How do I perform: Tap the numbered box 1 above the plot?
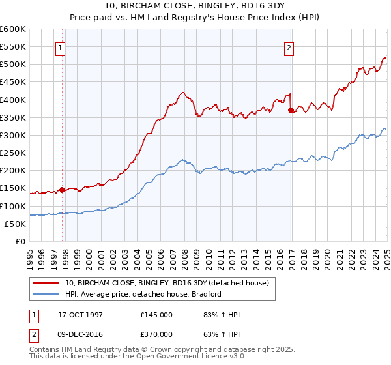tap(60, 47)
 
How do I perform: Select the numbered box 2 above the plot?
tap(288, 47)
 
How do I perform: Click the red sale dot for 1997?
tap(63, 190)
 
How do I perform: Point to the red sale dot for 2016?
tap(291, 111)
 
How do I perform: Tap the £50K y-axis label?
tap(15, 224)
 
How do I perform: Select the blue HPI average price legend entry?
tap(143, 294)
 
